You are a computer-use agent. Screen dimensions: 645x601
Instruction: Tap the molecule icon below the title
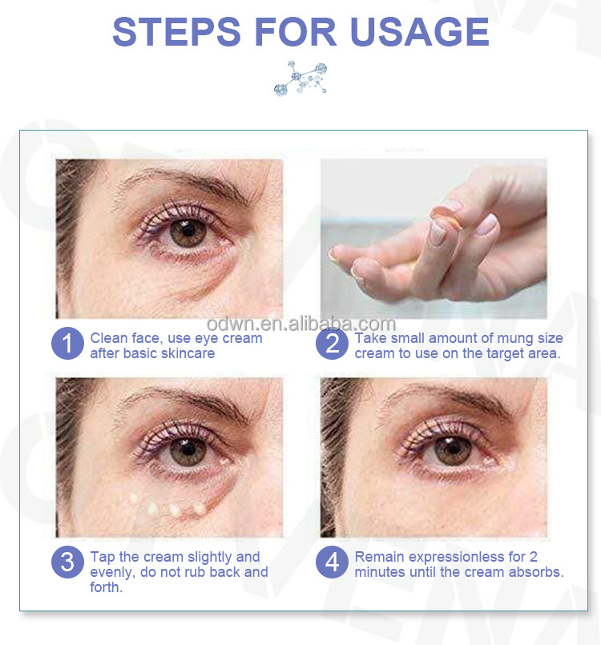[x=300, y=79]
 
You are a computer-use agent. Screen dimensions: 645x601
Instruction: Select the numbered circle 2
[x=332, y=345]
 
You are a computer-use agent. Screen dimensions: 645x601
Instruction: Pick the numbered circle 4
[x=332, y=563]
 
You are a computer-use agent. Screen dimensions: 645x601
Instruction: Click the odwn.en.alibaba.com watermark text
[x=300, y=324]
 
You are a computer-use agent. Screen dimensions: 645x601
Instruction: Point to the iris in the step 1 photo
[x=189, y=232]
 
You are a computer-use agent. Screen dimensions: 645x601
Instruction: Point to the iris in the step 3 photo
[x=189, y=450]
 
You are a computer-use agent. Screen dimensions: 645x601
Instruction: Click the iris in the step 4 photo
[x=454, y=450]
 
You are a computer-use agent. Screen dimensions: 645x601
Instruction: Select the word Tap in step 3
[x=103, y=557]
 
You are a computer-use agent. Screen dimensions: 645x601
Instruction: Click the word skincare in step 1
[x=188, y=353]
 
